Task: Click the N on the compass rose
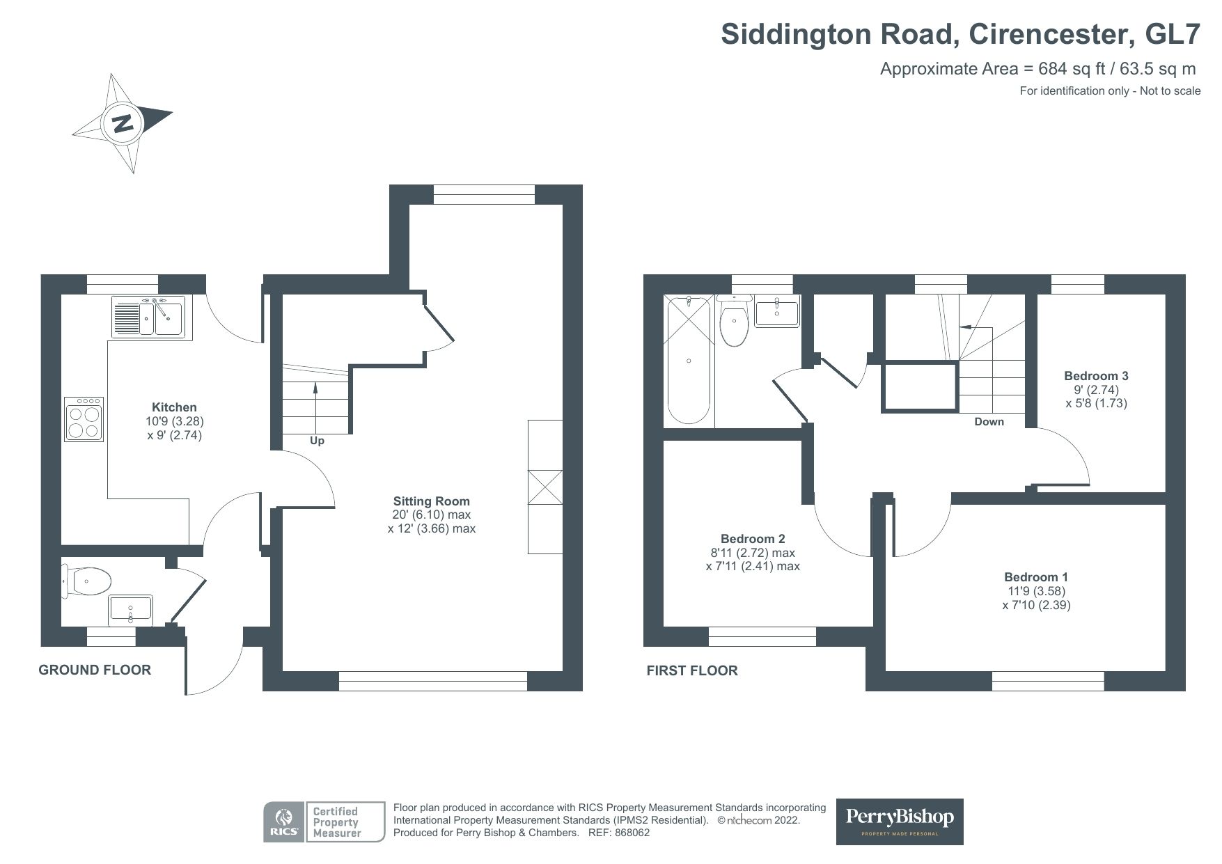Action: coord(123,124)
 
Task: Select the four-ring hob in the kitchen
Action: coord(84,419)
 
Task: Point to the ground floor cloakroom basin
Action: coord(130,610)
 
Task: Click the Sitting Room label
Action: coord(431,501)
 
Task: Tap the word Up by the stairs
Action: coord(317,441)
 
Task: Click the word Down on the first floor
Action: coord(989,422)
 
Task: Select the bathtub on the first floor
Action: coord(689,360)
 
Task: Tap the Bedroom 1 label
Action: coord(1035,577)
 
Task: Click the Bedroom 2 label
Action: coord(753,539)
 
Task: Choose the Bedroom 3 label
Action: coord(1096,376)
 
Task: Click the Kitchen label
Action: coord(174,407)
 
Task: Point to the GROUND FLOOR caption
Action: coord(95,670)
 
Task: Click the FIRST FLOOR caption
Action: coord(691,670)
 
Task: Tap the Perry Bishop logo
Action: coord(899,821)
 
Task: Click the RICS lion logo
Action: coord(283,822)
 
